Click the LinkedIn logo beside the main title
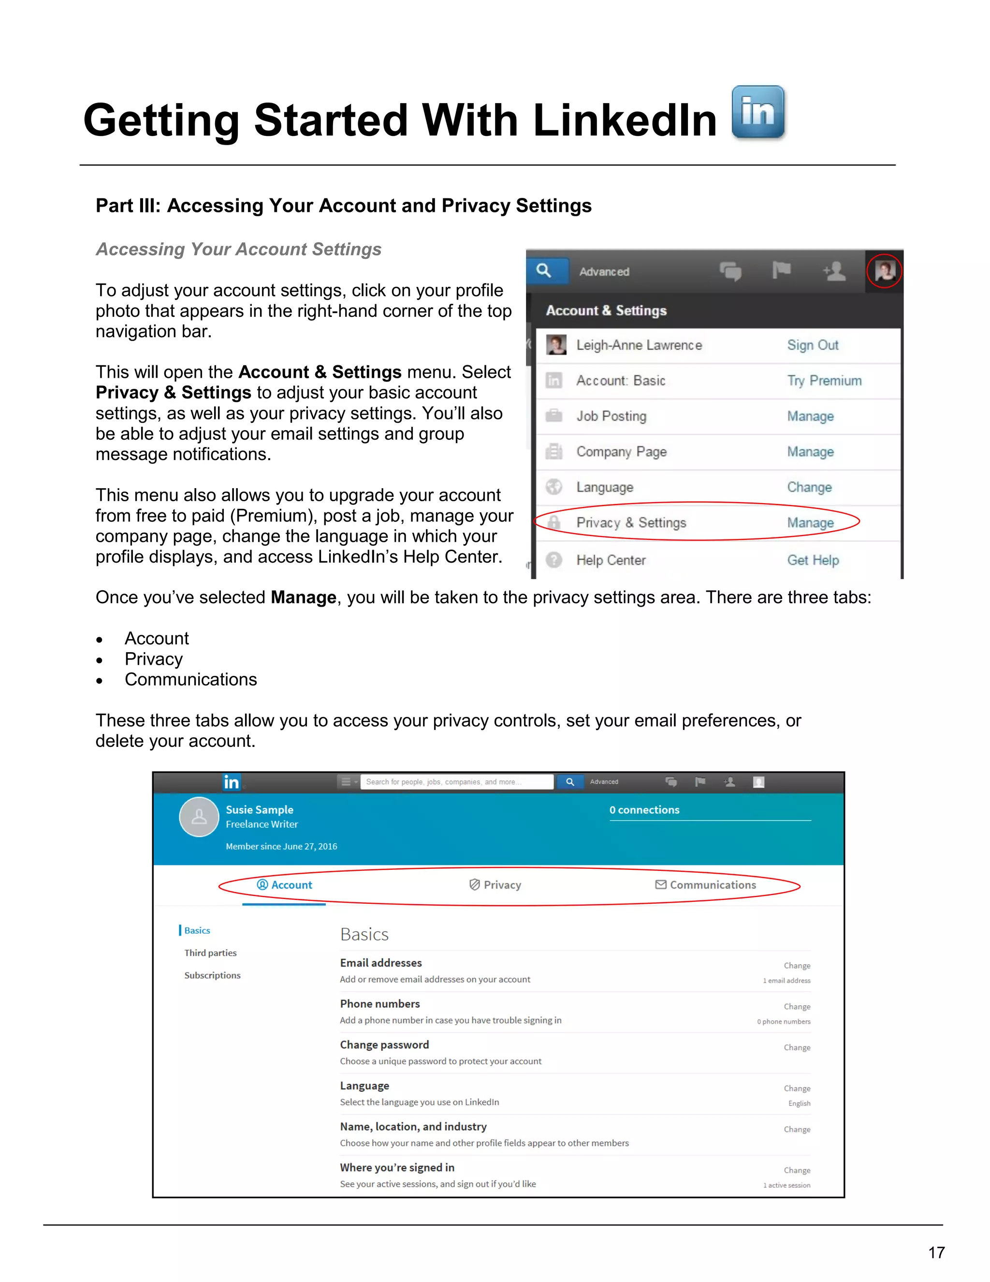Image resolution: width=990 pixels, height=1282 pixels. tap(758, 112)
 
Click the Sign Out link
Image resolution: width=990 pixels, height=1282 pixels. tap(812, 345)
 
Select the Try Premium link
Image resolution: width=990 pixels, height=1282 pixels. tap(824, 380)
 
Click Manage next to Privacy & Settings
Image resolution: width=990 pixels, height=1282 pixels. tap(810, 522)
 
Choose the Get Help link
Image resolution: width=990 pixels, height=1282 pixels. tap(813, 560)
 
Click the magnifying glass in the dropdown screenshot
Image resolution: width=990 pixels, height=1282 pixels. tap(544, 270)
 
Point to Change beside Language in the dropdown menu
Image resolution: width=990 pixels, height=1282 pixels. tap(809, 487)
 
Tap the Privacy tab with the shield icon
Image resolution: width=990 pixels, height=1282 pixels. tap(495, 885)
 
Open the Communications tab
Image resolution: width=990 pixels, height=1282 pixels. tap(706, 885)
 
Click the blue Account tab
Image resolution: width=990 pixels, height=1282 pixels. tap(285, 885)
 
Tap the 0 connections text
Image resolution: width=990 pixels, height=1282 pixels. tap(644, 809)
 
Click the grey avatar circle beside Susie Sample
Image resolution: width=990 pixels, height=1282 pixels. tap(199, 817)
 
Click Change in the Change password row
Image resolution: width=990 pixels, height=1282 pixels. tap(797, 1047)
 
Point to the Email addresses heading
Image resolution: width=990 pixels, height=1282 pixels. tap(380, 963)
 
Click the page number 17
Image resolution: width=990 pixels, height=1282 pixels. tap(936, 1252)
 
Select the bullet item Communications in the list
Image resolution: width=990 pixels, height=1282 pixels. tap(190, 679)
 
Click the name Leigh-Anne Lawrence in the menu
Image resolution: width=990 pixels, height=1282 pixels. tap(639, 345)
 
